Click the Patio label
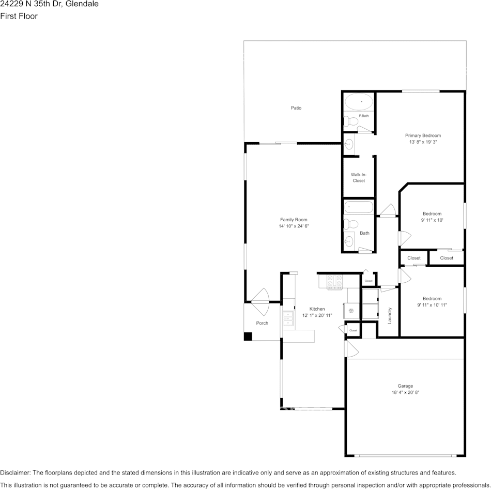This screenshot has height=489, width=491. point(296,108)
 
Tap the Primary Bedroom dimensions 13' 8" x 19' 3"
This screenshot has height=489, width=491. point(423,142)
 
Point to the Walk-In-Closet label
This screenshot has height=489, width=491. point(358,178)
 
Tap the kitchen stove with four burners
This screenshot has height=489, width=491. point(335,282)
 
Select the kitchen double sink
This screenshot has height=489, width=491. point(288,320)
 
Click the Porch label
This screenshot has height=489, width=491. point(262,323)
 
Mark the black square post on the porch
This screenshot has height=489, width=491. point(248,337)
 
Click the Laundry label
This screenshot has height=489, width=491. point(390,316)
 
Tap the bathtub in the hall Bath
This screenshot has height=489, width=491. point(358,207)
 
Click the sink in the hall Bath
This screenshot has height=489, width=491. point(349,240)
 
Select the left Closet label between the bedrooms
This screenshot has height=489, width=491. point(414,258)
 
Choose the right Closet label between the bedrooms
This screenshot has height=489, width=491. point(447,258)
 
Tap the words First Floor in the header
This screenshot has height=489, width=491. point(19,16)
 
